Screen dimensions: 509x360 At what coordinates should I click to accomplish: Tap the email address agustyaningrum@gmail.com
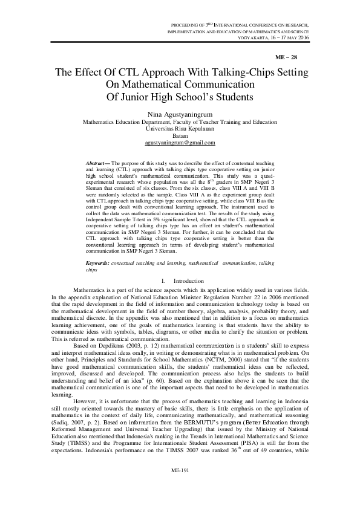coord(180,143)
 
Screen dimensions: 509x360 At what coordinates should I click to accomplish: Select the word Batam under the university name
coord(180,135)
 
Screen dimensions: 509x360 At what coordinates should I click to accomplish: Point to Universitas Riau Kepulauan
coord(180,128)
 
